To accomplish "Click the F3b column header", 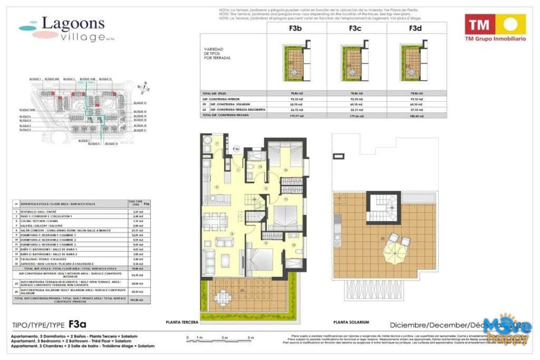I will pyautogui.click(x=297, y=30).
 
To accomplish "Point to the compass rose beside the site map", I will pyautogui.click(x=141, y=87).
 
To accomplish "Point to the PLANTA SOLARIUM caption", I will pyautogui.click(x=351, y=322).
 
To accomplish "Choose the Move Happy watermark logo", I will pyautogui.click(x=505, y=331).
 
